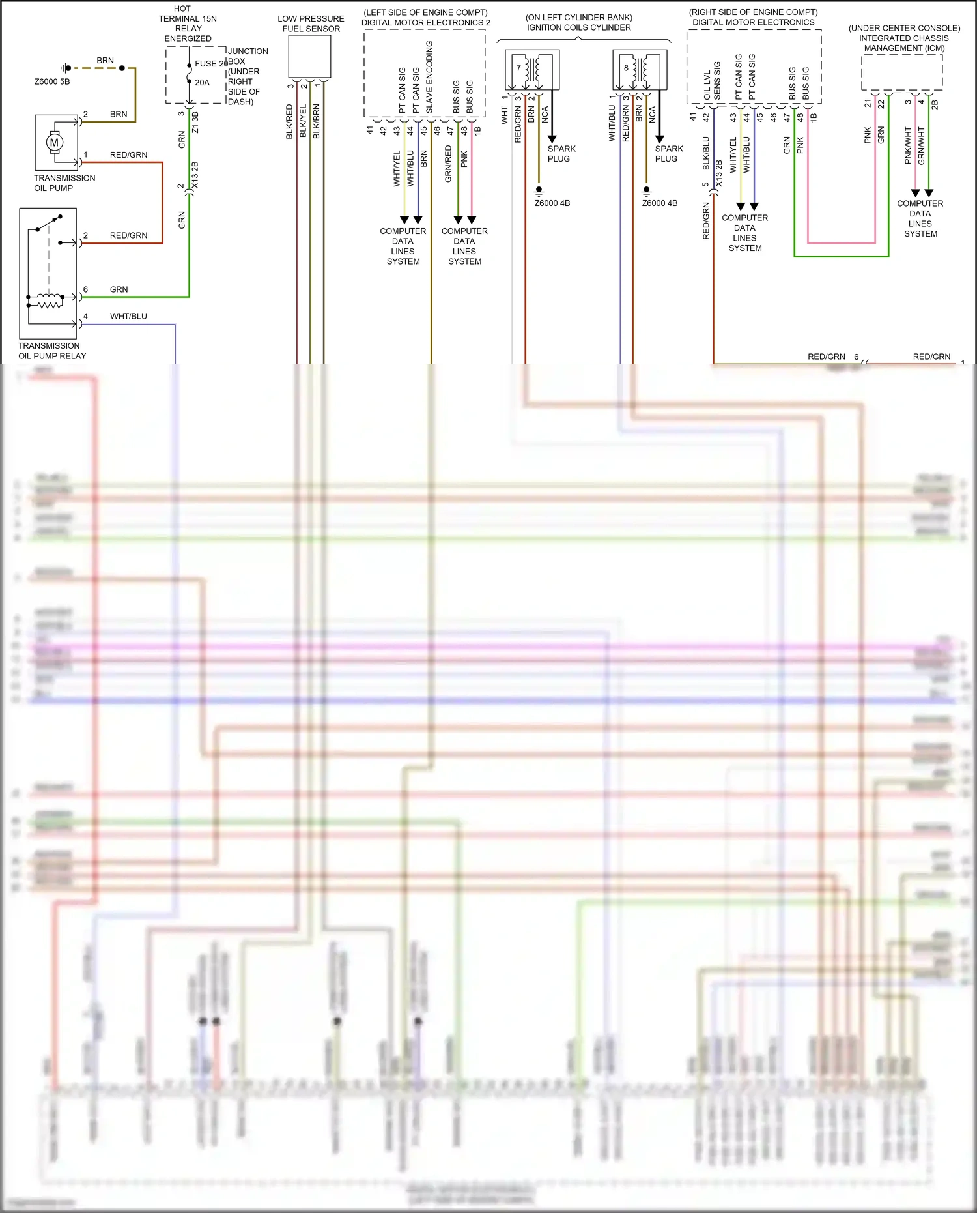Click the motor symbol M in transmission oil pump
point(54,142)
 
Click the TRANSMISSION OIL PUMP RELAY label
point(51,351)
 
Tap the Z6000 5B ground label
point(51,81)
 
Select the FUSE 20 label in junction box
point(210,63)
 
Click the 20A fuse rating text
point(202,83)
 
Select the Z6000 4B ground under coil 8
point(659,203)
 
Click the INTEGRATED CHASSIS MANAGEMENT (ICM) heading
point(904,38)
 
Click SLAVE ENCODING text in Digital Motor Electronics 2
point(429,77)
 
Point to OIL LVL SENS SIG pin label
point(712,81)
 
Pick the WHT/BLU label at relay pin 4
point(128,316)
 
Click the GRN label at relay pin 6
point(119,289)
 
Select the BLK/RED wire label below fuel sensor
point(290,122)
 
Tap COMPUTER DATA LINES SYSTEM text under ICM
point(920,218)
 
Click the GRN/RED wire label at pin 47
point(448,163)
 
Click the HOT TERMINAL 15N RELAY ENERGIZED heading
point(188,23)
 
